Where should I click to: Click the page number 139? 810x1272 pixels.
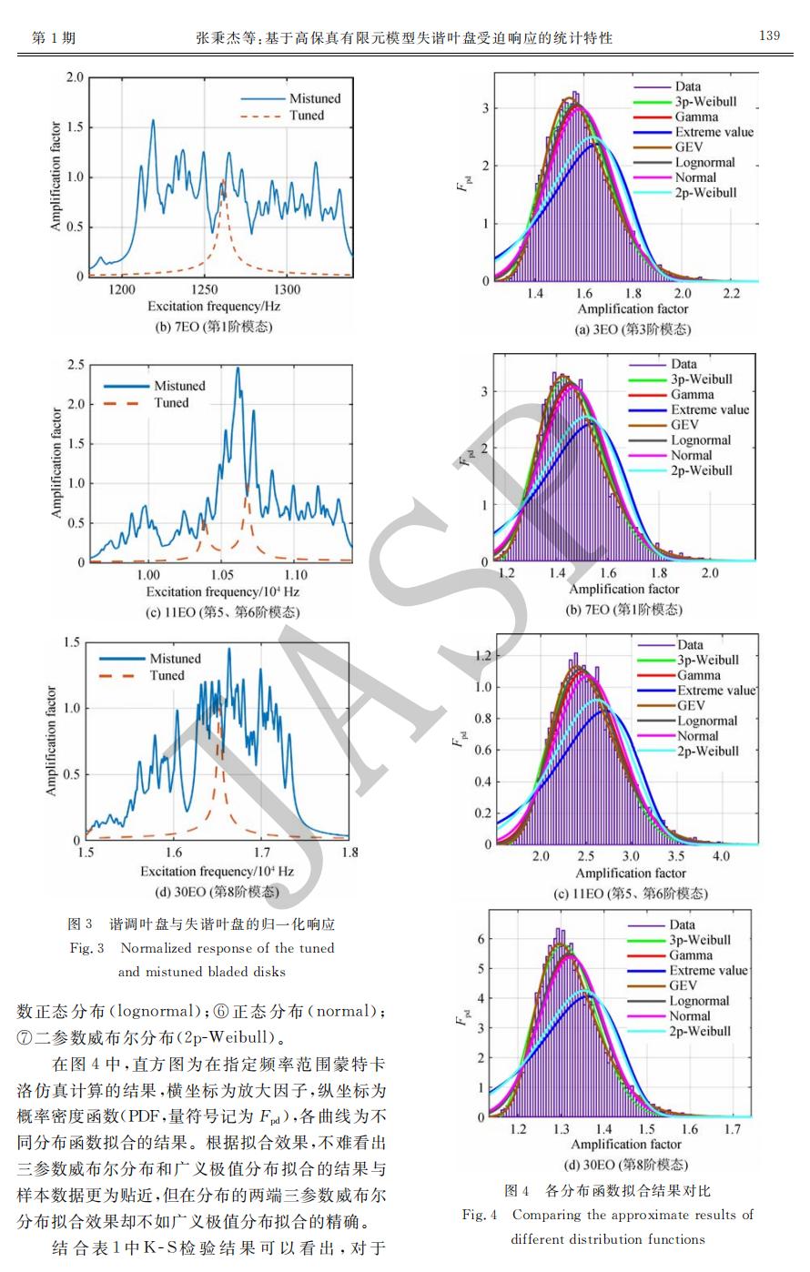coord(769,35)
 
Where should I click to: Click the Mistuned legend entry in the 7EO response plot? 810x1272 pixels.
coord(315,98)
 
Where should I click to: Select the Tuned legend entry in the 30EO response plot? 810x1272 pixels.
coord(167,675)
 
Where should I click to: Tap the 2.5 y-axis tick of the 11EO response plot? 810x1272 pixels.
coord(76,365)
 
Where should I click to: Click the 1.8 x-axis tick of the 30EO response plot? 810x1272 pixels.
coord(349,853)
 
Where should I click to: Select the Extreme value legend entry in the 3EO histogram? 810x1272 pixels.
coord(714,132)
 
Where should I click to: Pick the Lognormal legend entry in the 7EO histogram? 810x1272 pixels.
coord(701,440)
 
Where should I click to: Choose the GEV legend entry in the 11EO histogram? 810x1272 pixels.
coord(691,705)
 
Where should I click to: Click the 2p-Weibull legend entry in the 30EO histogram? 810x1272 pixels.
coord(700,1031)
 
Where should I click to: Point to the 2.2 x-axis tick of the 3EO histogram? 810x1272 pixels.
coord(732,294)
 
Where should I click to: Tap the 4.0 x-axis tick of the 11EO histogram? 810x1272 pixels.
coord(720,857)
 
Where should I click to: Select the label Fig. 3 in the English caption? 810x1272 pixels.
coord(87,948)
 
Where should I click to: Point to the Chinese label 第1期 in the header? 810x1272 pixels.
coord(54,37)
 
